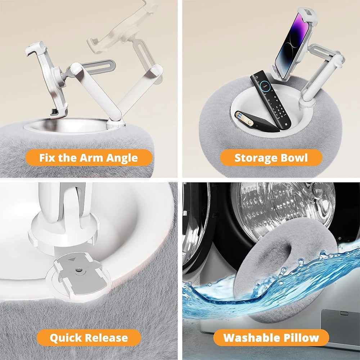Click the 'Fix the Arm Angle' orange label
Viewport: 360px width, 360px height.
coord(89,158)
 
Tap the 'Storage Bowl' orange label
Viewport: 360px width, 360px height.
coord(271,158)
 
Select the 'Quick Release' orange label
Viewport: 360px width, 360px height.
coord(89,338)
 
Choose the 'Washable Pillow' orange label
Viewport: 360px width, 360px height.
coord(271,338)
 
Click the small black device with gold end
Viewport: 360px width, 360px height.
coord(256,121)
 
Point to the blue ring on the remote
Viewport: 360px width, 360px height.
coord(265,86)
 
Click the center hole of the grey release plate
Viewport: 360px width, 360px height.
coord(79,270)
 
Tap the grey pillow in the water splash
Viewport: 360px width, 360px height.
coord(285,271)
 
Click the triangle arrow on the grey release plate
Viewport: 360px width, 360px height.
coord(72,260)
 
